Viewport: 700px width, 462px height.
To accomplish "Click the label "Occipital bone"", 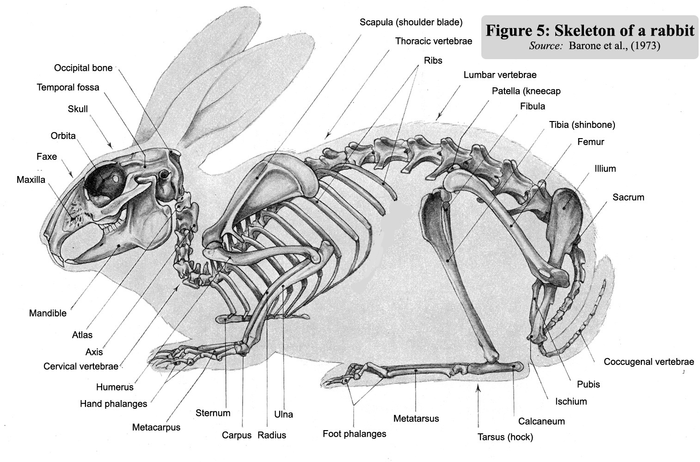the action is [83, 68].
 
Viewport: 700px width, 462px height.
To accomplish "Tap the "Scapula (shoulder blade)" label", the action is [411, 23].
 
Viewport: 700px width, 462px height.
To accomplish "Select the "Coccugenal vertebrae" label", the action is [649, 362].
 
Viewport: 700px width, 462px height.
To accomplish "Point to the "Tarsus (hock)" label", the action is [505, 437].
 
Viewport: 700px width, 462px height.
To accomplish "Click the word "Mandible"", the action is [48, 313].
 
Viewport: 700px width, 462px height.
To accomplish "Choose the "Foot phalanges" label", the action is [354, 434].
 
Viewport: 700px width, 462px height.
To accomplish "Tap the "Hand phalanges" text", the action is [113, 404].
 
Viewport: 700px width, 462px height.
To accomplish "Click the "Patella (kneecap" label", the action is [526, 91].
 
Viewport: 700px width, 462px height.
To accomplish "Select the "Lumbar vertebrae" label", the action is [500, 75].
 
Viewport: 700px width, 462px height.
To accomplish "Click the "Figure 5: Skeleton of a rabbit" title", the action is [590, 30].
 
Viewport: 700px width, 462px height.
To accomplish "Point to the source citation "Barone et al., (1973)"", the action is [614, 46].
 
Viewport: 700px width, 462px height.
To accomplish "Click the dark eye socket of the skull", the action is [104, 184].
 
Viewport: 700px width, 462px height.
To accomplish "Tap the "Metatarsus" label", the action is [416, 419].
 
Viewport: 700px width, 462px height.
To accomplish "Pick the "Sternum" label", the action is [213, 413].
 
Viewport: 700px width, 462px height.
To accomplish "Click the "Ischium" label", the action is [571, 402].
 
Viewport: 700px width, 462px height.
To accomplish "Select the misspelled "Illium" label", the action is [605, 169].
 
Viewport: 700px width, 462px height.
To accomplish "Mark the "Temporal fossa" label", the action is [68, 87].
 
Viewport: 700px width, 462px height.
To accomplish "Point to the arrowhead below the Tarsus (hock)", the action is [478, 388].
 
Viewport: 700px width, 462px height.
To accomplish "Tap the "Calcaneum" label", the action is [541, 421].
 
